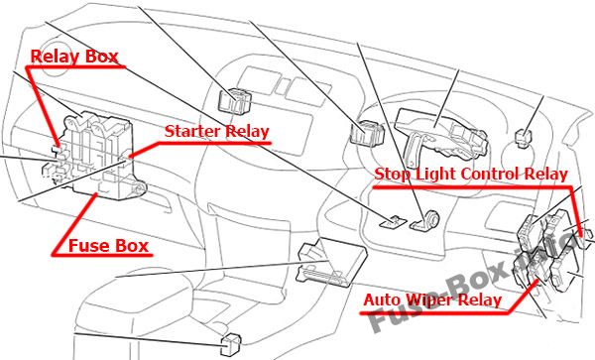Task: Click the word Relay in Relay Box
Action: pos(56,57)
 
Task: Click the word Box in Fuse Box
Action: pos(129,246)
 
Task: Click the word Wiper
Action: pos(425,300)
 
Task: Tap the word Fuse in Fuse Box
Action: pos(87,246)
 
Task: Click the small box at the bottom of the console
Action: pos(231,345)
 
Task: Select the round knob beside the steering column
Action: pos(432,219)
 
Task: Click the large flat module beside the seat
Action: pos(332,262)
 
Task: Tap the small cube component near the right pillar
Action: pos(523,137)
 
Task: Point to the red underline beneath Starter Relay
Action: pos(202,144)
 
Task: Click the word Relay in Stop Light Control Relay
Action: pos(546,175)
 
